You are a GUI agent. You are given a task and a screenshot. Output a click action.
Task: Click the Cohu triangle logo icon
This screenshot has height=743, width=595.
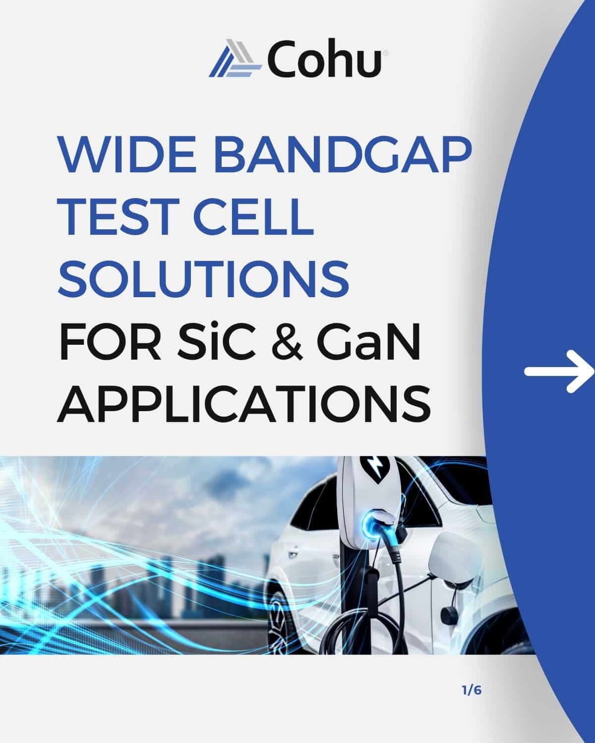click(235, 58)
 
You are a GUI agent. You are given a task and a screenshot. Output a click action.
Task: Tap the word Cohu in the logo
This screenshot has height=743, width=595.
click(324, 58)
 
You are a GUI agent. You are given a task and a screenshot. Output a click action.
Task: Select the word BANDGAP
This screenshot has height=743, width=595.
click(343, 155)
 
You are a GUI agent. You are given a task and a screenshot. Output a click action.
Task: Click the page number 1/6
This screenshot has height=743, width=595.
click(472, 690)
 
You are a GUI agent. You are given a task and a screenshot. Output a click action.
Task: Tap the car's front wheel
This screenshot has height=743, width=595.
click(278, 622)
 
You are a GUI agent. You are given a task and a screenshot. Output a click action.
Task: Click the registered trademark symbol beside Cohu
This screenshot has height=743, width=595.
click(385, 53)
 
